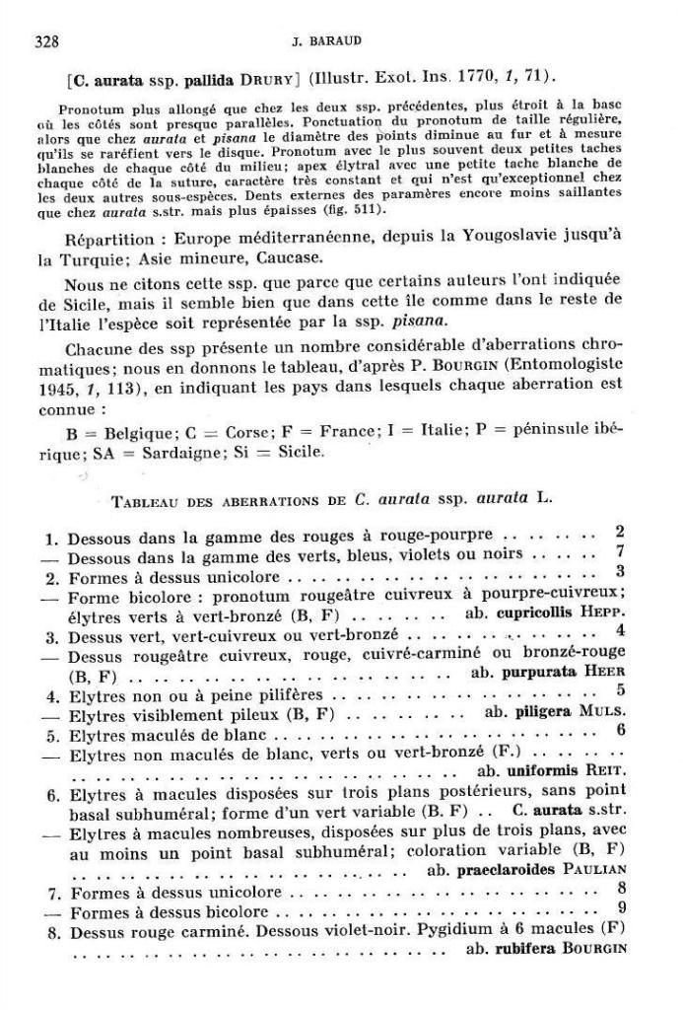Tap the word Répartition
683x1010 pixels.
tap(109, 239)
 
